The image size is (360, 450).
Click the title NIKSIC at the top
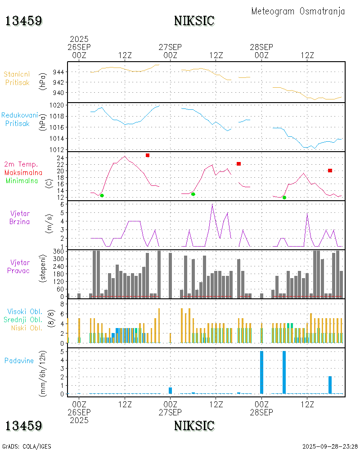194,21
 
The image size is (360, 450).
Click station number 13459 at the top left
24,21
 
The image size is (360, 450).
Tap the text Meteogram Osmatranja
298,11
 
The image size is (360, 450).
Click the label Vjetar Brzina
20,217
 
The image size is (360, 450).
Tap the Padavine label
19,360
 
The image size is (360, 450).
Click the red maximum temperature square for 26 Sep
148,155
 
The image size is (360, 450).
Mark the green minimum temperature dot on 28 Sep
284,198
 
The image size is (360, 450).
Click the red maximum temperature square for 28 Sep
330,171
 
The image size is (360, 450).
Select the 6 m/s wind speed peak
212,205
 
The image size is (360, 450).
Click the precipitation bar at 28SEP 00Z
262,373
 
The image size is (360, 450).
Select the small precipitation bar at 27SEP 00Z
171,391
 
